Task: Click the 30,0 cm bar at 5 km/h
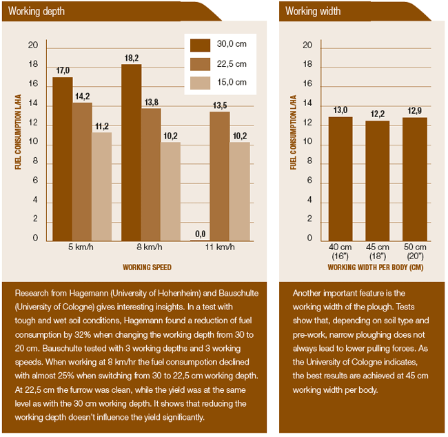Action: [63, 159]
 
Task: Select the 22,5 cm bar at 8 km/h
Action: [151, 174]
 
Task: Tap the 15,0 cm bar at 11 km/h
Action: [240, 191]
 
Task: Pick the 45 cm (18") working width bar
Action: [378, 181]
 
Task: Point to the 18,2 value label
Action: [131, 59]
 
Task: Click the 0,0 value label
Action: [200, 234]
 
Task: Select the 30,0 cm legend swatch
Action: [200, 45]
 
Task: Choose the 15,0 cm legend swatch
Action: [200, 83]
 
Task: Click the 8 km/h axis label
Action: [150, 247]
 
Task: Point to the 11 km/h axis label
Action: [220, 247]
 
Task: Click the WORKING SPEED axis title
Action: [147, 267]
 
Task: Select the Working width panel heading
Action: [313, 11]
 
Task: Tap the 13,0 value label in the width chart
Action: [340, 110]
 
